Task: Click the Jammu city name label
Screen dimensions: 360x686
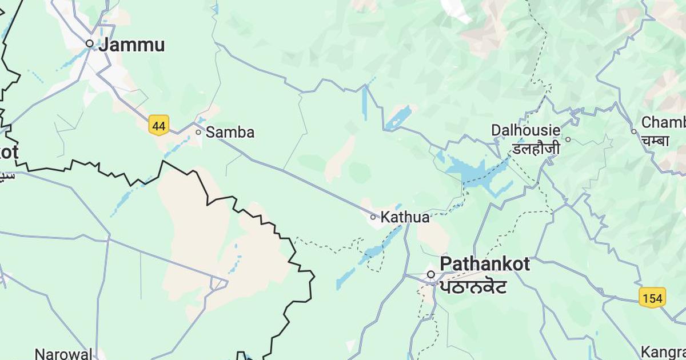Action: [x=131, y=45]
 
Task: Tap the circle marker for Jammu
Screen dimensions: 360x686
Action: [x=90, y=43]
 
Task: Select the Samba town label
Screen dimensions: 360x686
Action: [x=230, y=133]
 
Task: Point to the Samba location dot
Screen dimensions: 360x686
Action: [x=198, y=132]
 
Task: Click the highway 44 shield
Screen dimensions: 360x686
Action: [x=158, y=125]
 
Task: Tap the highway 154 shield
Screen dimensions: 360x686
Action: [x=652, y=298]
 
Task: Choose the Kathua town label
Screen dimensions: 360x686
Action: [x=405, y=217]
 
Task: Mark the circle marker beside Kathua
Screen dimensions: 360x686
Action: [x=373, y=217]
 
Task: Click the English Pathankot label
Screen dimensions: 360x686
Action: [x=485, y=264]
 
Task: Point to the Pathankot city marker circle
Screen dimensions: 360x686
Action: [x=431, y=275]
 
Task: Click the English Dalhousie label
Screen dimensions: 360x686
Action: [x=525, y=130]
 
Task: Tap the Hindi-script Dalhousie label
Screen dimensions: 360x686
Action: [x=535, y=149]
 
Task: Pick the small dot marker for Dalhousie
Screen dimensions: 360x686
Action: [x=568, y=139]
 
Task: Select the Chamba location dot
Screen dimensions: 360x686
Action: [x=634, y=131]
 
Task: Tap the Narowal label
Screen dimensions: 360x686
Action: [x=63, y=353]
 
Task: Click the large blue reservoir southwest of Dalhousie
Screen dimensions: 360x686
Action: [x=469, y=170]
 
